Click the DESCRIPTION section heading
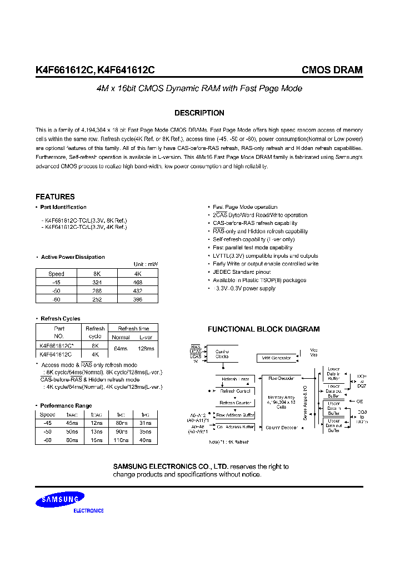pyautogui.click(x=199, y=113)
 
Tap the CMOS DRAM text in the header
pyautogui.click(x=332, y=70)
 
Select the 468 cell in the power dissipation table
pyautogui.click(x=138, y=282)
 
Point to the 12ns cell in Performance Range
pyautogui.click(x=97, y=423)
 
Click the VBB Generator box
pyautogui.click(x=276, y=358)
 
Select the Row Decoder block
pyautogui.click(x=281, y=378)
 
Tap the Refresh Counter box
pyautogui.click(x=236, y=403)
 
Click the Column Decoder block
pyautogui.click(x=281, y=428)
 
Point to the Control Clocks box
pyautogui.click(x=222, y=353)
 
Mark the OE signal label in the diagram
pyautogui.click(x=360, y=401)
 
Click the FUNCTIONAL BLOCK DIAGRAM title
pyautogui.click(x=263, y=329)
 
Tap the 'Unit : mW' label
pyautogui.click(x=146, y=264)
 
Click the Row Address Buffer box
pyautogui.click(x=236, y=415)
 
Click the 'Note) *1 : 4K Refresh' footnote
pyautogui.click(x=229, y=441)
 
